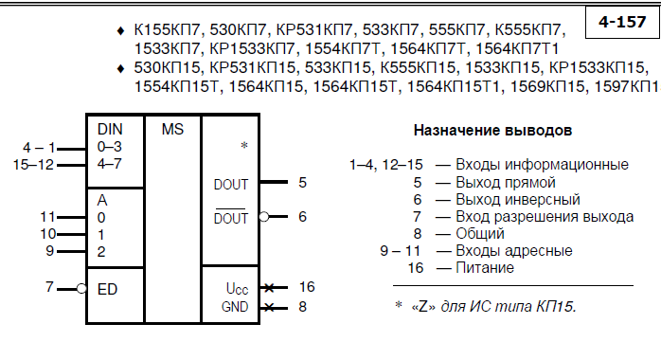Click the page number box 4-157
622,22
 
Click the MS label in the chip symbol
172,129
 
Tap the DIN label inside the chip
110,129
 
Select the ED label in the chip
107,289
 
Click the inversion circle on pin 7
81,289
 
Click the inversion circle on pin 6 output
264,217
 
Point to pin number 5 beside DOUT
302,183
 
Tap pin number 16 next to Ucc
307,287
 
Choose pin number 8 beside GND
302,306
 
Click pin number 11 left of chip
47,217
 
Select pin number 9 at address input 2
50,251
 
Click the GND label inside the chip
235,306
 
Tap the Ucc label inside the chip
237,288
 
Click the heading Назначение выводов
492,130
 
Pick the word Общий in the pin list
480,234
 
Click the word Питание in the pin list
485,268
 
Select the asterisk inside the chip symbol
244,146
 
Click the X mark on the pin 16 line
269,288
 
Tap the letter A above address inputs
102,200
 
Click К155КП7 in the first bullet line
168,30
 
